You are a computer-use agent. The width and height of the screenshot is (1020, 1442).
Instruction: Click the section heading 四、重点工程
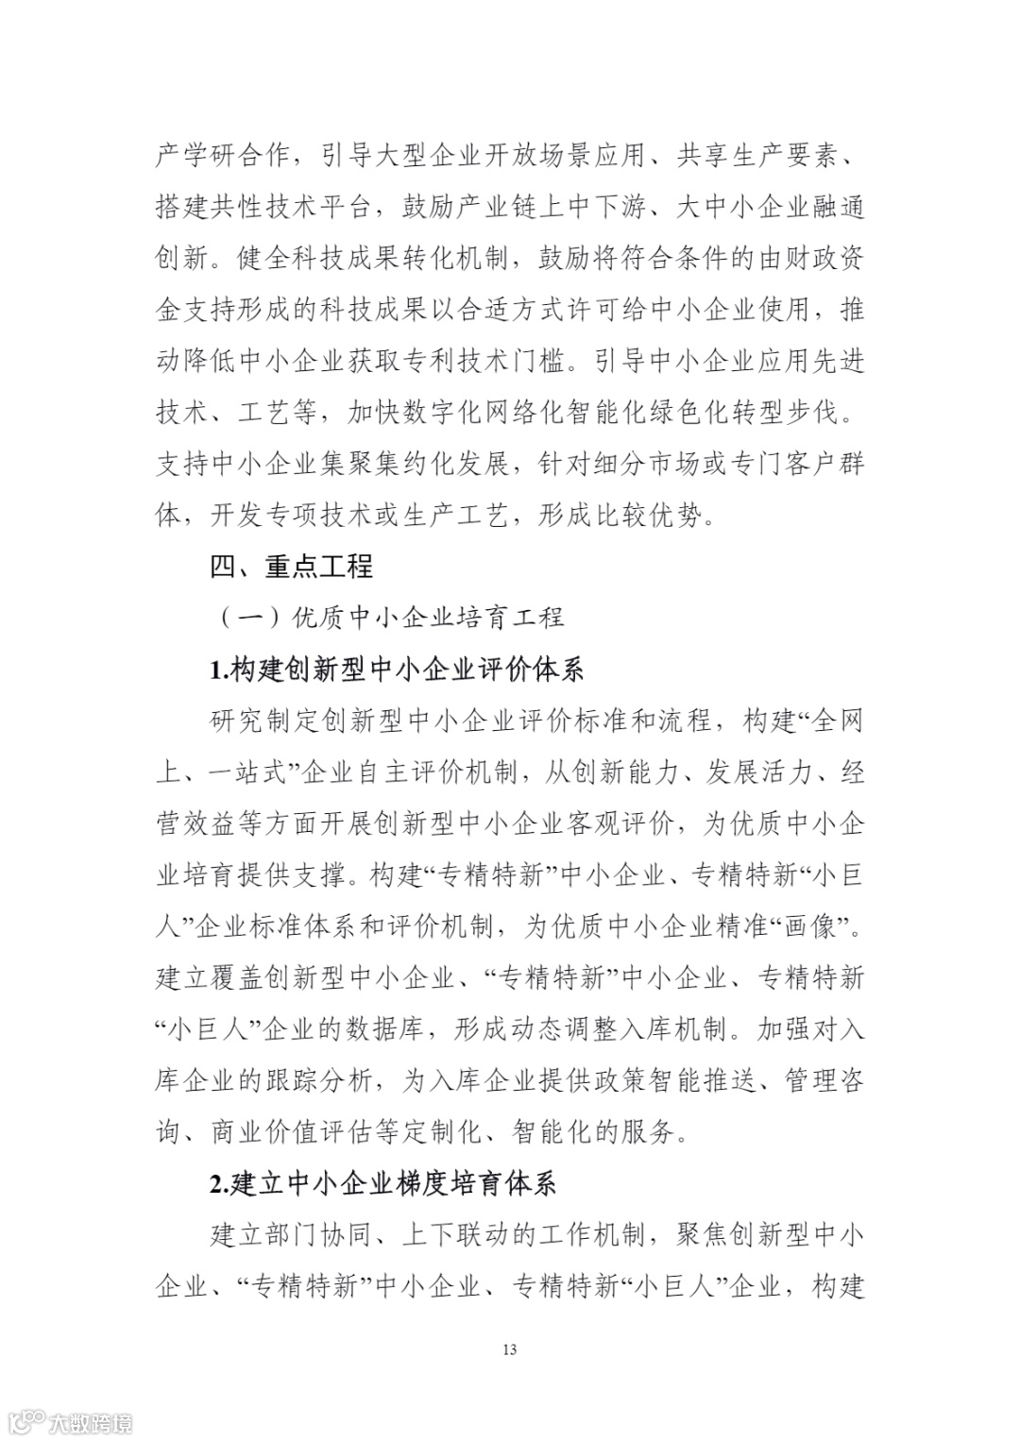(291, 567)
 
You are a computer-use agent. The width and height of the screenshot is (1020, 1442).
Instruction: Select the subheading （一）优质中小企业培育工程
(392, 618)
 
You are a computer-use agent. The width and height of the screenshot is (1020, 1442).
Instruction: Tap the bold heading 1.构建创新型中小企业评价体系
(397, 670)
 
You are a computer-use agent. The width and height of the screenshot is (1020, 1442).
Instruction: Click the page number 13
(510, 1349)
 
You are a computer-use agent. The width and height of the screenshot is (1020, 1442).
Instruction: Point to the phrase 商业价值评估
(292, 1131)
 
